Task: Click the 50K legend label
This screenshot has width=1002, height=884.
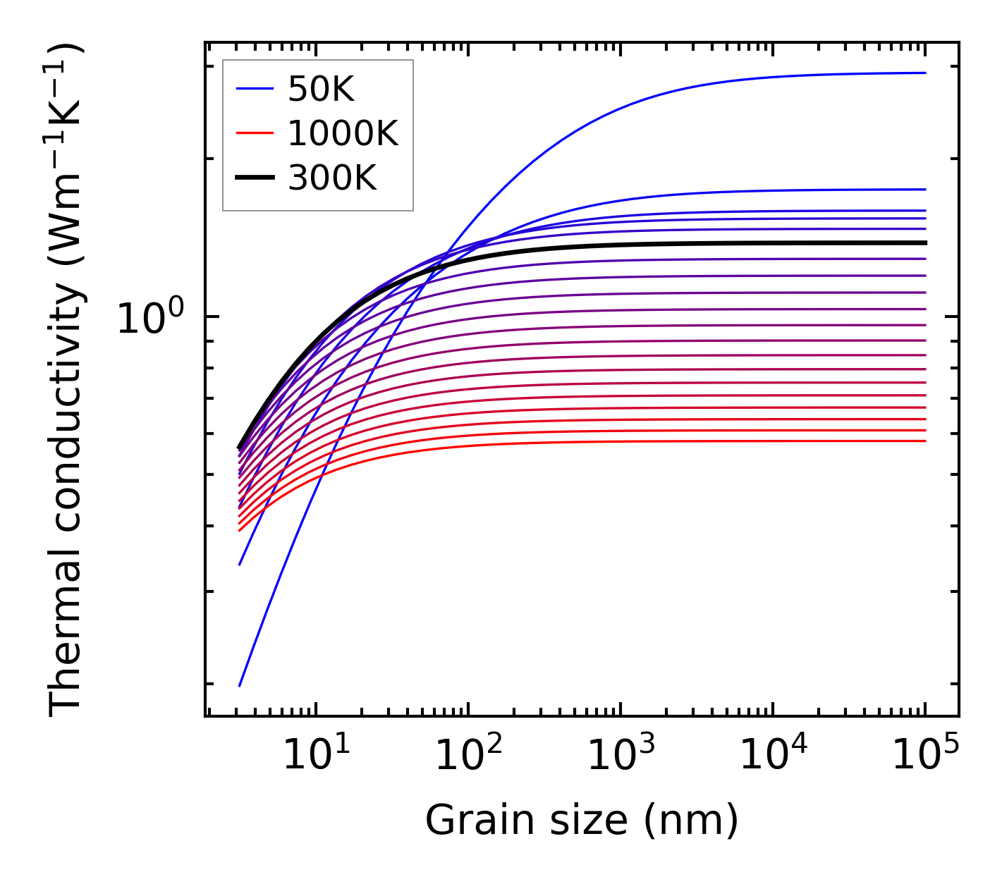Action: [x=321, y=90]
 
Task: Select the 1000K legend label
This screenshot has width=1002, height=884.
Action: [x=343, y=133]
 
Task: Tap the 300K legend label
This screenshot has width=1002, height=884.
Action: [x=332, y=178]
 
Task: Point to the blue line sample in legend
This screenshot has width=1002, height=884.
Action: [x=254, y=89]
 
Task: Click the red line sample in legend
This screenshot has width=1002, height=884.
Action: [x=254, y=133]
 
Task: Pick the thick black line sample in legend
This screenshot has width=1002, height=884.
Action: [x=254, y=178]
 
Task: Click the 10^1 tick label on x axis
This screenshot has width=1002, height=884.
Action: [x=316, y=755]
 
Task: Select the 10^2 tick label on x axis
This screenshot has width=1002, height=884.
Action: [x=468, y=755]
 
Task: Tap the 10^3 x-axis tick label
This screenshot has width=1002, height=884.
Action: [x=621, y=755]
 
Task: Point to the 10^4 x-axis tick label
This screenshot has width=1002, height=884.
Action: [x=774, y=755]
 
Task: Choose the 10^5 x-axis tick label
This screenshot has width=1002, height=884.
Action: [x=926, y=755]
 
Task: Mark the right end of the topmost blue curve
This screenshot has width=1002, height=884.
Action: [x=924, y=73]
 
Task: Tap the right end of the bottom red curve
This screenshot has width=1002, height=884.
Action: [x=924, y=441]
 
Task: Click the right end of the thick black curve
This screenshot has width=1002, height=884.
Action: [x=924, y=243]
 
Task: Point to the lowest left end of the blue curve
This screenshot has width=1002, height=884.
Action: [x=240, y=685]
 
